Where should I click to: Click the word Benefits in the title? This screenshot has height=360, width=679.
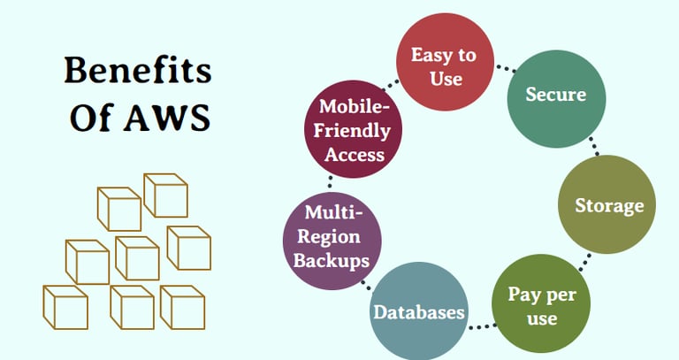pyautogui.click(x=138, y=70)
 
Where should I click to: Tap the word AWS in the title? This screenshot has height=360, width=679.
pyautogui.click(x=167, y=118)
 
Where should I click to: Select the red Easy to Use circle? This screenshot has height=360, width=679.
pyautogui.click(x=446, y=62)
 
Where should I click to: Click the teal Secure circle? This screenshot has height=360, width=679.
pyautogui.click(x=556, y=98)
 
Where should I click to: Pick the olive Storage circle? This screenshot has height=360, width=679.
pyautogui.click(x=607, y=204)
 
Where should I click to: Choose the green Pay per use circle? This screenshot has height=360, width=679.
pyautogui.click(x=541, y=303)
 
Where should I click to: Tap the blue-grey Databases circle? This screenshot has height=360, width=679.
pyautogui.click(x=419, y=311)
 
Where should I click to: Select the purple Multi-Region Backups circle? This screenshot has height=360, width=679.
pyautogui.click(x=332, y=241)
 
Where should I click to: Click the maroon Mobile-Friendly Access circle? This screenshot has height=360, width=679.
pyautogui.click(x=353, y=129)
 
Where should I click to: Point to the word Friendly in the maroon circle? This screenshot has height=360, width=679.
pyautogui.click(x=352, y=130)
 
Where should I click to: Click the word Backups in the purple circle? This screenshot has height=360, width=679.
pyautogui.click(x=332, y=261)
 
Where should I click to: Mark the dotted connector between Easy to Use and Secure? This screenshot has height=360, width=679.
pyautogui.click(x=506, y=68)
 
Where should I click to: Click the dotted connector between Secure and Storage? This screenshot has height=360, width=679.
pyautogui.click(x=594, y=146)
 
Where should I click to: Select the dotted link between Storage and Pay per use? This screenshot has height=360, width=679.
pyautogui.click(x=584, y=263)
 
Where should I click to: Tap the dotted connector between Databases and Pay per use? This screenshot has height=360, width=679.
pyautogui.click(x=481, y=326)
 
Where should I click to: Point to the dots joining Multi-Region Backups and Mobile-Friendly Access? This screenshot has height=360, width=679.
pyautogui.click(x=330, y=182)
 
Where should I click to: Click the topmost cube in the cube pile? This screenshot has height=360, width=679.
pyautogui.click(x=165, y=195)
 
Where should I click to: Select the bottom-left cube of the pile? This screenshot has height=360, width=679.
pyautogui.click(x=65, y=307)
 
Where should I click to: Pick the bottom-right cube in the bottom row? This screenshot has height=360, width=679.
pyautogui.click(x=182, y=307)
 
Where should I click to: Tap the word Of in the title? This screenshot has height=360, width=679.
pyautogui.click(x=92, y=118)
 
